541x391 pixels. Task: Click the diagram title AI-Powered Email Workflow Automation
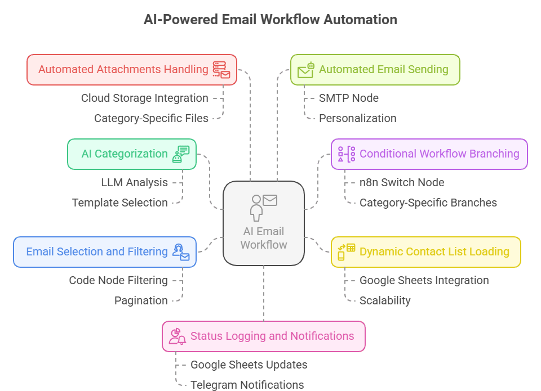click(x=270, y=19)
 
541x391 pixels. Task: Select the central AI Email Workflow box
click(x=264, y=223)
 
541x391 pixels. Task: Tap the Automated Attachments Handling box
click(x=132, y=70)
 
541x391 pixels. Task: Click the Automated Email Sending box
click(x=375, y=70)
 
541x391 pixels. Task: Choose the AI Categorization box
click(x=132, y=154)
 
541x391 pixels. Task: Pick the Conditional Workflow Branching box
click(x=429, y=154)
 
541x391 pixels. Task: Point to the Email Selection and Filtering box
click(x=105, y=252)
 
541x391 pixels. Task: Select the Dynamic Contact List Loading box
click(x=425, y=252)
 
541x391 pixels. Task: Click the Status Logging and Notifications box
click(x=264, y=336)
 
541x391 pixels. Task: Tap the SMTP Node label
click(x=349, y=98)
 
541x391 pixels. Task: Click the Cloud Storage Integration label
click(x=144, y=98)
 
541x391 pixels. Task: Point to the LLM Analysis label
click(x=134, y=182)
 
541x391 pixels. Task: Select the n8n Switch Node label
click(x=402, y=182)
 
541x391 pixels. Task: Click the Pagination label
click(x=141, y=300)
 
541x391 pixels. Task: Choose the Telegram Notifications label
click(x=247, y=385)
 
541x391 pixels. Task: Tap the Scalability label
click(x=385, y=300)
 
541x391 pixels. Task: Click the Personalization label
click(x=358, y=118)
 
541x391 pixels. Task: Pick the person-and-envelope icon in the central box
click(x=263, y=207)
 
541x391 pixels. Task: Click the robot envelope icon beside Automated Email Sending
click(x=305, y=70)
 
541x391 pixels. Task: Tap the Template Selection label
click(x=119, y=203)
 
